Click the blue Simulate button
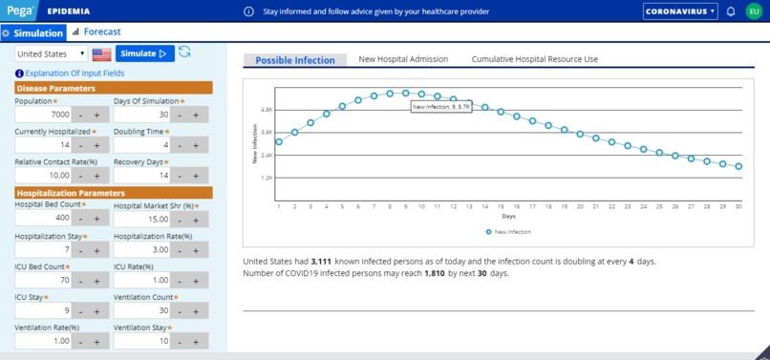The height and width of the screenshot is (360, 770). (144, 53)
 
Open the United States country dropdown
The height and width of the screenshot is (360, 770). (51, 54)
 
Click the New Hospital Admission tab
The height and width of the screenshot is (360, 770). (403, 59)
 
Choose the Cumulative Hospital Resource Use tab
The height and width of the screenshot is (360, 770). (534, 59)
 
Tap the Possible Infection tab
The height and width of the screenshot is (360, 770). (295, 60)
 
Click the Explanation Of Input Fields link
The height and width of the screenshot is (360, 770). (70, 74)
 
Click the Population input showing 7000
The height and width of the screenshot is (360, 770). (43, 115)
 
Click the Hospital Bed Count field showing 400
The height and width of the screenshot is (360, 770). (43, 219)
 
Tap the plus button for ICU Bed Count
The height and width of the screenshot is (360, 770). (96, 281)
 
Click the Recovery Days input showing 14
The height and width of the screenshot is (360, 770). (141, 176)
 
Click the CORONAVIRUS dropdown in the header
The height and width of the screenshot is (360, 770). (680, 11)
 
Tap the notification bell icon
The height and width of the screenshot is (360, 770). (731, 11)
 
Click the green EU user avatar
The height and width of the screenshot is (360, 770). (754, 11)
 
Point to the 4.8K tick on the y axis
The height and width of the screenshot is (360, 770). (267, 110)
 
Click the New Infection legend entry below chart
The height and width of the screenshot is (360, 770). (508, 232)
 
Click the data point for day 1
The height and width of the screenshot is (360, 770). (279, 142)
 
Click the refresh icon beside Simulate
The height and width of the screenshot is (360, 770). (184, 53)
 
